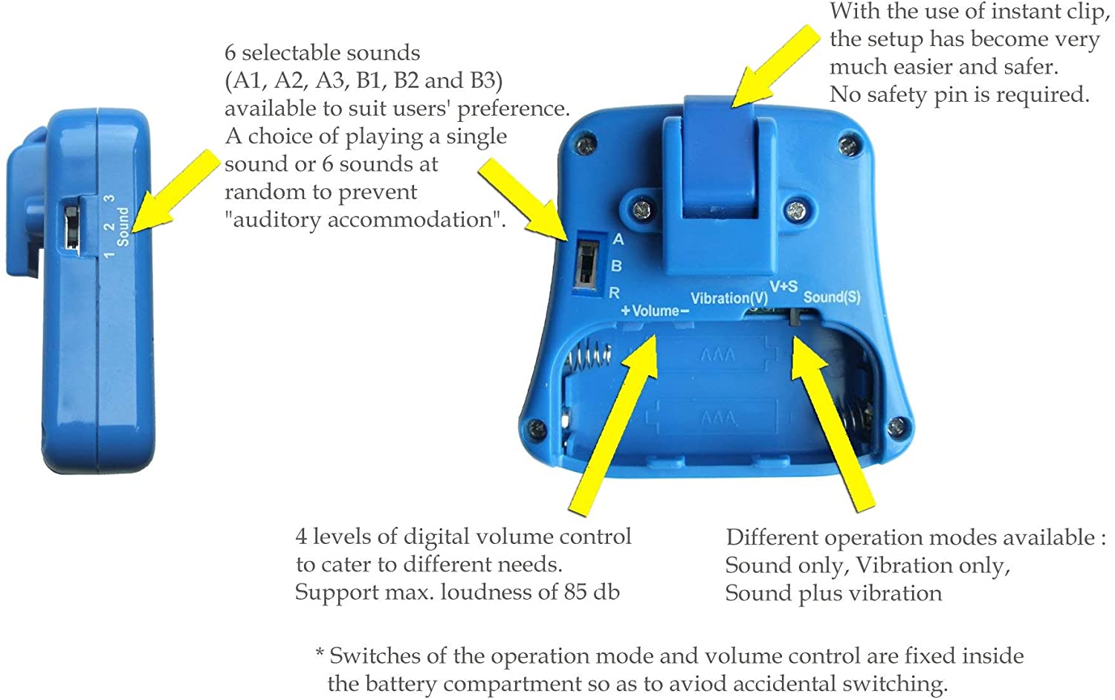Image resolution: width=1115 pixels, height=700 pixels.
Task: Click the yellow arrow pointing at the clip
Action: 775,66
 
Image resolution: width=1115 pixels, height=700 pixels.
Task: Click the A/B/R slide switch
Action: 586,264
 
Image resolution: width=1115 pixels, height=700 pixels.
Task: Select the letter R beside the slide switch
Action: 614,293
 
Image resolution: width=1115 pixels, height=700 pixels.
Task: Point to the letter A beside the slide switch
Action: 618,239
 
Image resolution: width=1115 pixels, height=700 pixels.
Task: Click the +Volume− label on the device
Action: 655,311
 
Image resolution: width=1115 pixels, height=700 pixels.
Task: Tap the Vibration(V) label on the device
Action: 729,298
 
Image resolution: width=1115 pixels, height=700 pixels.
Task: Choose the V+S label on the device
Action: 783,286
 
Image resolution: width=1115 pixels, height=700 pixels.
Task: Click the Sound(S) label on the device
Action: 832,297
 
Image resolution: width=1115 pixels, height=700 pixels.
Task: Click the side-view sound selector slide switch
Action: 71,228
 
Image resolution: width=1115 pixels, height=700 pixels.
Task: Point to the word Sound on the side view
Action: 123,227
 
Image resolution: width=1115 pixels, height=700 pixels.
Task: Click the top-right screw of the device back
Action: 848,146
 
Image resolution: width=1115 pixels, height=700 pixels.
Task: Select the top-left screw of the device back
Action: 586,145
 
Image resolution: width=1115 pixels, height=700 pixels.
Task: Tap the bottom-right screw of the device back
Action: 897,425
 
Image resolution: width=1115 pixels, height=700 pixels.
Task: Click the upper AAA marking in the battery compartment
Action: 717,355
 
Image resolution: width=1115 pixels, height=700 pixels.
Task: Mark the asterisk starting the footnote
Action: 320,652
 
